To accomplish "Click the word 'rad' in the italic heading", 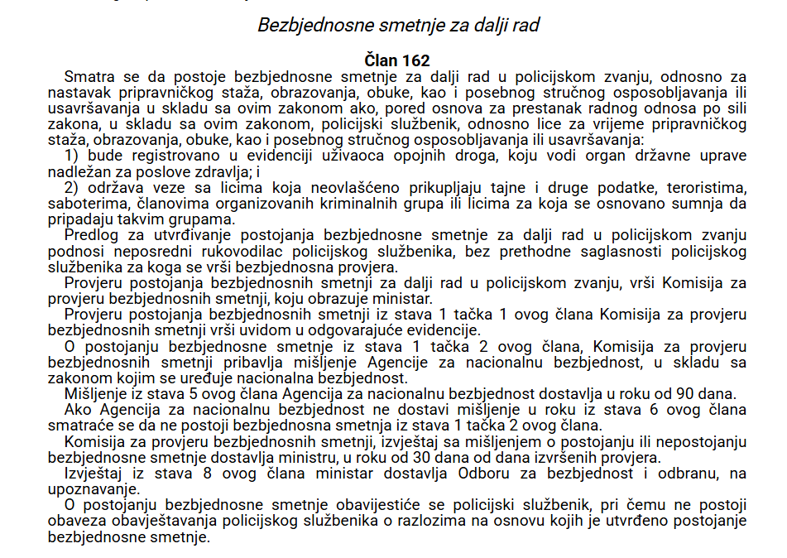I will tap(525, 25).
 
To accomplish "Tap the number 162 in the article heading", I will tap(414, 60).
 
